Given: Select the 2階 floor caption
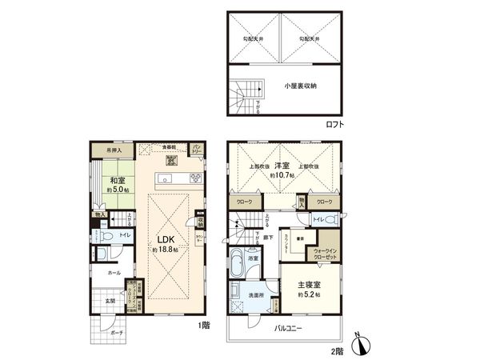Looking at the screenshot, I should point(339,350).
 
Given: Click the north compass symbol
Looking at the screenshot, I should point(365,346).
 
